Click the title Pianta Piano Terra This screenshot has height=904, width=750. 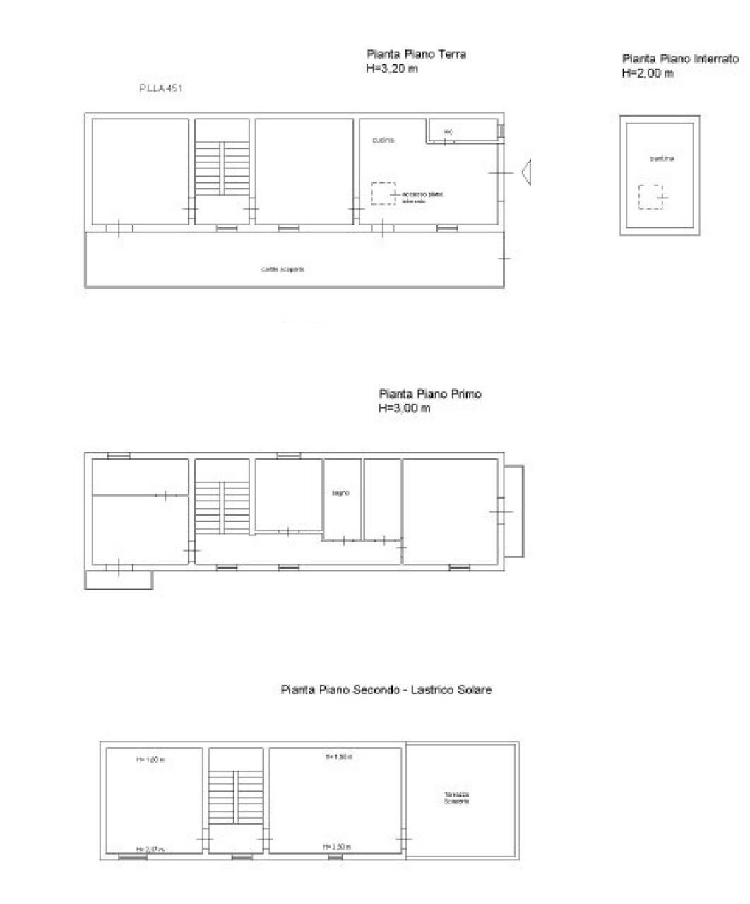[x=416, y=54]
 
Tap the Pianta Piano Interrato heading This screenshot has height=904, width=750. [x=680, y=59]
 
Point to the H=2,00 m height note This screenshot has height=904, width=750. [x=648, y=73]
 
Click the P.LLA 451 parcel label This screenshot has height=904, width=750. [x=160, y=89]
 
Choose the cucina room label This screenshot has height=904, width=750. [x=383, y=141]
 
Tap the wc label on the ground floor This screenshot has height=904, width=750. [x=448, y=132]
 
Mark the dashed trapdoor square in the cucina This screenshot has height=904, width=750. [x=383, y=193]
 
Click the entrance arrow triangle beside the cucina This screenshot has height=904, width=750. [x=526, y=172]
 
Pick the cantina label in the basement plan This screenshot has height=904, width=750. [x=662, y=159]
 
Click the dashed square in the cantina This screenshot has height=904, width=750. [x=650, y=197]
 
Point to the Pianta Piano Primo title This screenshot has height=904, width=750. [x=429, y=394]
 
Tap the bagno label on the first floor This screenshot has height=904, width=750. [x=341, y=493]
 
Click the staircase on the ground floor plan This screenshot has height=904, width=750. [x=222, y=167]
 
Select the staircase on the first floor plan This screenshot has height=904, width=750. [x=222, y=507]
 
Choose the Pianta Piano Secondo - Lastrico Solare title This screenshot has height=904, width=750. [x=386, y=690]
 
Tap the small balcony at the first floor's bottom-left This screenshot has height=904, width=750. [x=119, y=580]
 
